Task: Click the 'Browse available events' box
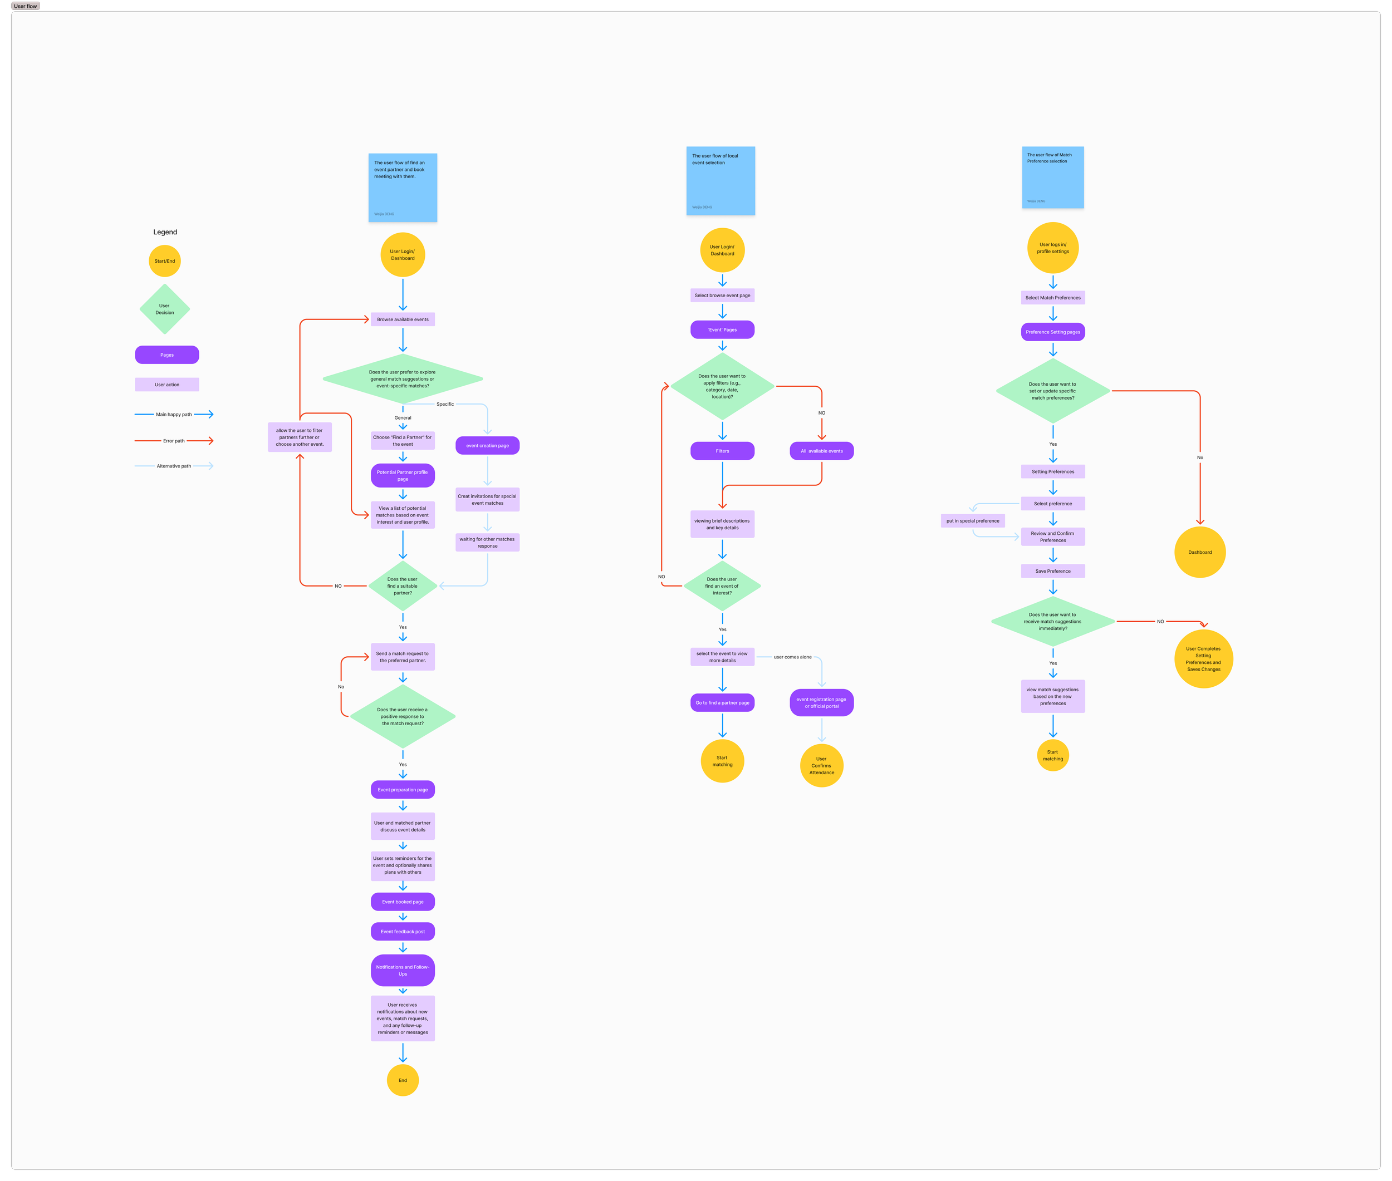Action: coord(403,319)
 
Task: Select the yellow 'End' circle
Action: coord(403,1080)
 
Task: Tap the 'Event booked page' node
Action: coord(403,902)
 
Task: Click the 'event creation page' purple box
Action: coord(487,445)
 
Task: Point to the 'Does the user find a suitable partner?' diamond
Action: coord(403,586)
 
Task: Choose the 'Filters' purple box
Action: coord(722,451)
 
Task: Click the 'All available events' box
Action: coord(821,451)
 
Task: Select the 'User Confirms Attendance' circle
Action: coord(821,765)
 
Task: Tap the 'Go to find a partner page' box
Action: coord(722,702)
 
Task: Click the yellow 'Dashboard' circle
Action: coord(1200,552)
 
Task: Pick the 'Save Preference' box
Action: coord(1052,571)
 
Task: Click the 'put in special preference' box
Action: coord(973,520)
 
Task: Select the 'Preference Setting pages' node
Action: coord(1052,332)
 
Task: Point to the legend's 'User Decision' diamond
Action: coord(165,309)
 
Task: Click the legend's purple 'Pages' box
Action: coord(167,355)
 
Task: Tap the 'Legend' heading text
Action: coord(165,232)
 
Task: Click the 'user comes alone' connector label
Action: coord(792,657)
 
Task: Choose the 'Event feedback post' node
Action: coord(403,931)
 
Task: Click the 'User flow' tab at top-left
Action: coord(26,6)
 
